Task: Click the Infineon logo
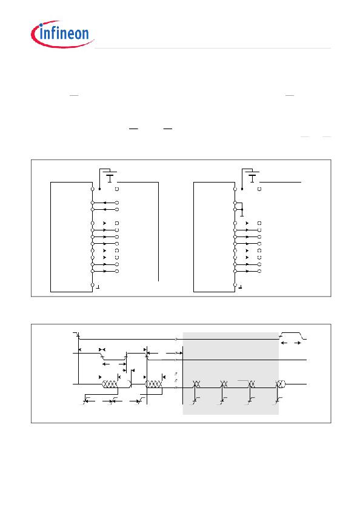62,34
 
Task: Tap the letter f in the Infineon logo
53,33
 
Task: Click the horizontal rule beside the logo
213,48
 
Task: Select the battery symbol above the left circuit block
111,178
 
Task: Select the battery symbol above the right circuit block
253,178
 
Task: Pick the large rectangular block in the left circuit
72,237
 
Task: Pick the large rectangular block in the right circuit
214,237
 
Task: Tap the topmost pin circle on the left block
92,189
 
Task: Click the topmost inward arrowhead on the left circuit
105,203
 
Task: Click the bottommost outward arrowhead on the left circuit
105,271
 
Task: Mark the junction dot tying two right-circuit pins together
242,209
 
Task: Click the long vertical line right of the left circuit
158,232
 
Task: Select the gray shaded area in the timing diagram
230,374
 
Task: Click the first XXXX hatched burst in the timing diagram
110,384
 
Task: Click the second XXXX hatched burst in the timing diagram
154,384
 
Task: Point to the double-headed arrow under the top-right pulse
291,343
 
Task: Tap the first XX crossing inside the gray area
196,384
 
